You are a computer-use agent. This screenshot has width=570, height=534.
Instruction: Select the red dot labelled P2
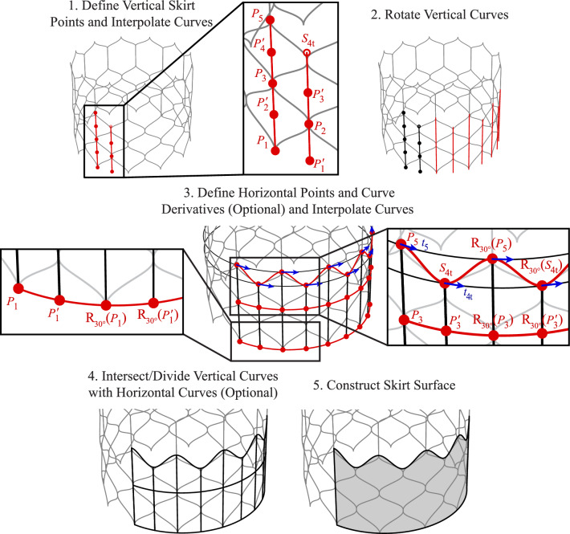308,124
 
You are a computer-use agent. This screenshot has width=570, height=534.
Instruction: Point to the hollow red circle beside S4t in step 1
307,54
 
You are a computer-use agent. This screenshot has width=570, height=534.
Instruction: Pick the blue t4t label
468,294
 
